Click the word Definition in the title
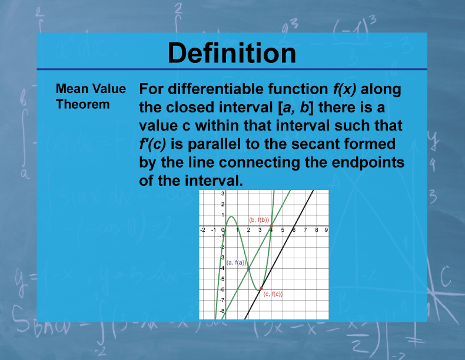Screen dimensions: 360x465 tap(232, 53)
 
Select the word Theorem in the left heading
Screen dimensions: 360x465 tap(83, 105)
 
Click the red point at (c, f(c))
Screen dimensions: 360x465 tap(261, 288)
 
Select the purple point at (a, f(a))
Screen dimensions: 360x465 tap(248, 268)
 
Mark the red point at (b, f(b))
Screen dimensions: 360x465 tap(271, 226)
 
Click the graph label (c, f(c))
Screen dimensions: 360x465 tap(273, 294)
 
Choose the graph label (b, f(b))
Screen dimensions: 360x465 tap(259, 219)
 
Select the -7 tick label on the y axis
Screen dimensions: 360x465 tap(222, 299)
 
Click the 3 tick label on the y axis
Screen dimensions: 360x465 tap(222, 194)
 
